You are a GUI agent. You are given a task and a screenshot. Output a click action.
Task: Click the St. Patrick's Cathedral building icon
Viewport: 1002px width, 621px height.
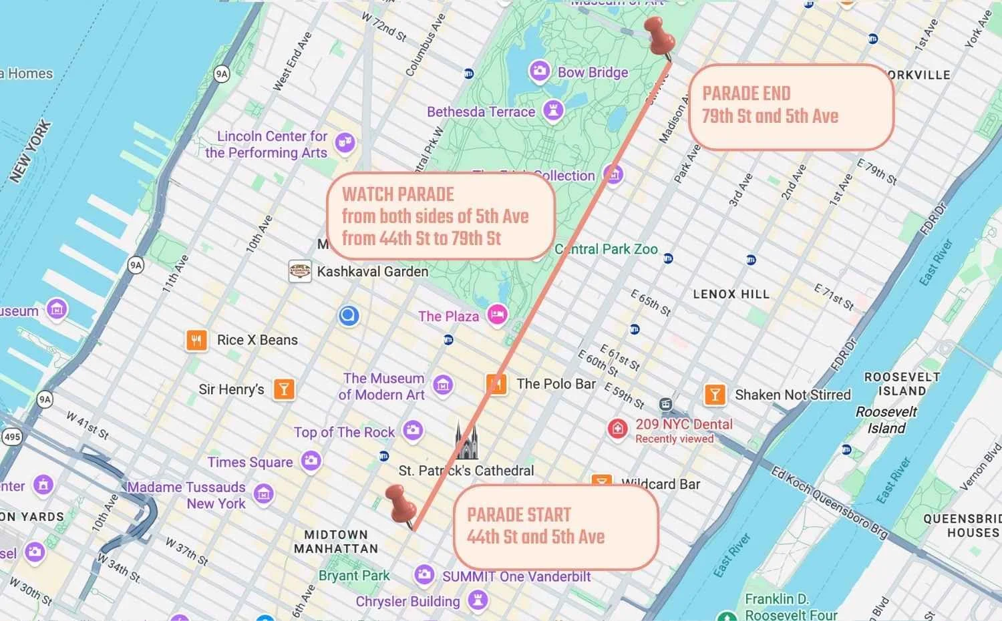466,441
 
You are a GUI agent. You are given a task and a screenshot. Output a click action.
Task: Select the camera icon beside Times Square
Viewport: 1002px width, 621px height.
311,460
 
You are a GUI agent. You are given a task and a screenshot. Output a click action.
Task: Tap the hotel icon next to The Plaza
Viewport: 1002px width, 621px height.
497,315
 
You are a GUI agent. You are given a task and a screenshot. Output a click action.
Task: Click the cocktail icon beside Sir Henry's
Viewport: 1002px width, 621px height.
284,389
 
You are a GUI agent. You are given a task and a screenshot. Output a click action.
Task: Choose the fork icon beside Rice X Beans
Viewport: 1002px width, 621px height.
196,340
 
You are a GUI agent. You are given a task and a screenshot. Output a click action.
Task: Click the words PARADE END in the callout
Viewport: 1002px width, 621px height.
746,93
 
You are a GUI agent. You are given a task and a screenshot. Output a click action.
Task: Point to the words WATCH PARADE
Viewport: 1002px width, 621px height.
398,194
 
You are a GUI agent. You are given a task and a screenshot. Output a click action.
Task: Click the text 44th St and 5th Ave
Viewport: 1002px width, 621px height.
536,537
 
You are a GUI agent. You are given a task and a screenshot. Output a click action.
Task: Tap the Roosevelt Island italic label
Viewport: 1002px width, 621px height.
886,420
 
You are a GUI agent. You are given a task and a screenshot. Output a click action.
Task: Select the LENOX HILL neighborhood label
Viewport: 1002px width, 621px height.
731,294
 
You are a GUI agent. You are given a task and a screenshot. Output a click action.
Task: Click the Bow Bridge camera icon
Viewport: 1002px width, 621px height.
539,70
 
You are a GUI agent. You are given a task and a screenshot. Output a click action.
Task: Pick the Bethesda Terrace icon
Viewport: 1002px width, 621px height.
552,110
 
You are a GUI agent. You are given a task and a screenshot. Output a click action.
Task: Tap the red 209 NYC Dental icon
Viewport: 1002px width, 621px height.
617,428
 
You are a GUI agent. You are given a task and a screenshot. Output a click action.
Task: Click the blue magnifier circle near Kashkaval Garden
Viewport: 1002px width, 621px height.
349,315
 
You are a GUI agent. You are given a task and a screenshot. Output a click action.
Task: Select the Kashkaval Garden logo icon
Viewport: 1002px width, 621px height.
300,271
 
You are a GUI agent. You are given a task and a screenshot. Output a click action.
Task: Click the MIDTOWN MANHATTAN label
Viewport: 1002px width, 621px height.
336,542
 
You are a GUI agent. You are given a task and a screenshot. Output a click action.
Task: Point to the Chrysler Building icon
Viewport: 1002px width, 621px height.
477,599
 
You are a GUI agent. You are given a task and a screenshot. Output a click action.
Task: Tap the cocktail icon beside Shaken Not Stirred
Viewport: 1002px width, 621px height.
715,394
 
